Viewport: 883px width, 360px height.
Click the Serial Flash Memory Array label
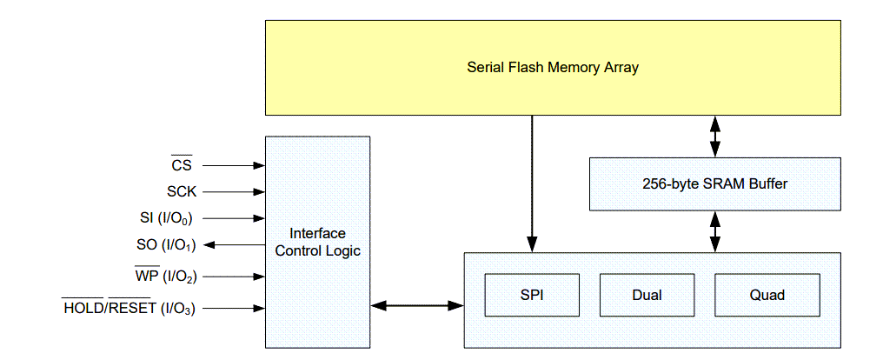click(553, 67)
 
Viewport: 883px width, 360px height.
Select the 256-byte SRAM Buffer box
click(714, 183)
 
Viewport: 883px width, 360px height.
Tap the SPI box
click(531, 295)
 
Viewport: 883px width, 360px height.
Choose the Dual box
click(647, 295)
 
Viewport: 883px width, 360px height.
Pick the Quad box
click(767, 295)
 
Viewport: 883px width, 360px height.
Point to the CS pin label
click(182, 165)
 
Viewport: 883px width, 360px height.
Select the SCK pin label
click(182, 192)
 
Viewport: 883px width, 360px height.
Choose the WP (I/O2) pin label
click(166, 277)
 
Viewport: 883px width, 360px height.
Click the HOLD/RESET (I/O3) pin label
click(129, 308)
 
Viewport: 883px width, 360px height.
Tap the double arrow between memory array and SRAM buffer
click(714, 136)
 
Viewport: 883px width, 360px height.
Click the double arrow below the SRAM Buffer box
click(714, 231)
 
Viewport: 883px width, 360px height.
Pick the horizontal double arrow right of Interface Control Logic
click(417, 305)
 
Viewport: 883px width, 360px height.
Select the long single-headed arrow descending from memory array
click(531, 183)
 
